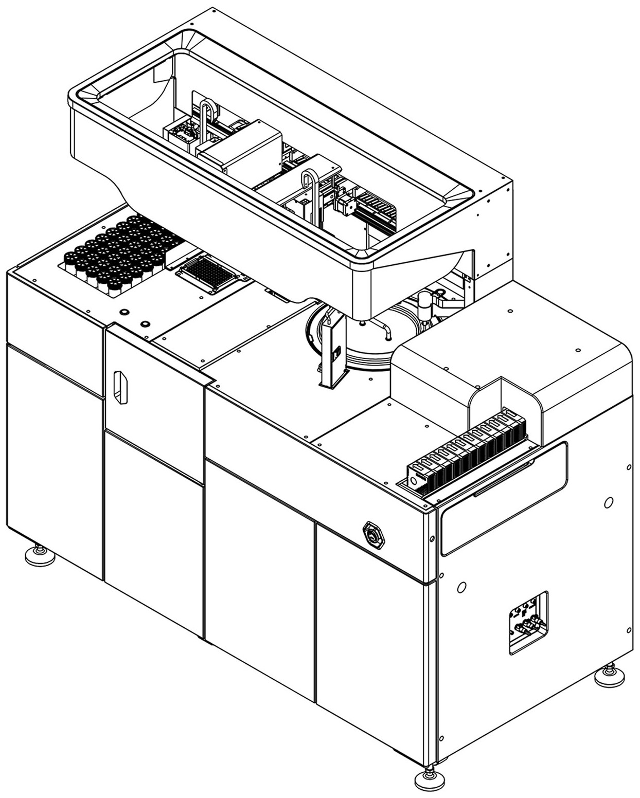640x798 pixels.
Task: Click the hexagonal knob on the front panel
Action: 374,535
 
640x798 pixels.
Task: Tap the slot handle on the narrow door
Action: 120,387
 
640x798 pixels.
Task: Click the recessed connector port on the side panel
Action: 528,622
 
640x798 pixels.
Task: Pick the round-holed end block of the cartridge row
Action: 415,479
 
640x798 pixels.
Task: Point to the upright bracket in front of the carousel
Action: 333,350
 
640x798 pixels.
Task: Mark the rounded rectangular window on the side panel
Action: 503,497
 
